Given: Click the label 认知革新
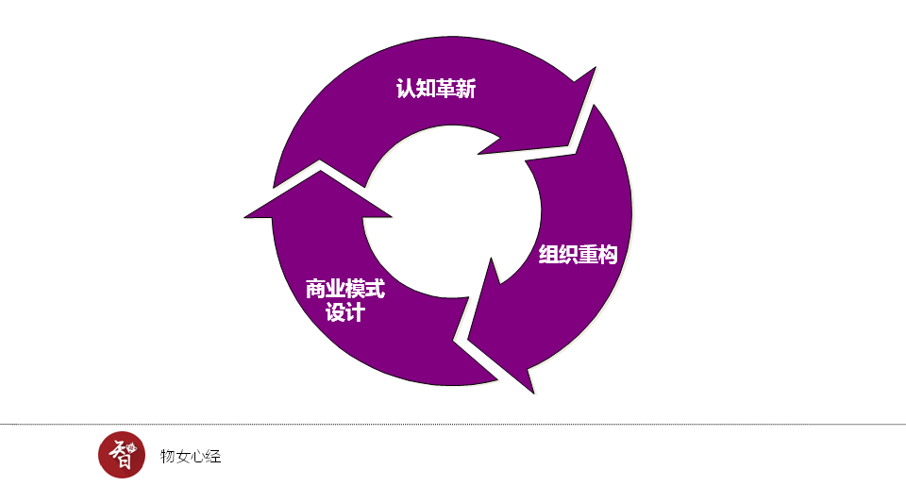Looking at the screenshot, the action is tap(436, 90).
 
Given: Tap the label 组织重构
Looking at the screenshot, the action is tap(578, 255).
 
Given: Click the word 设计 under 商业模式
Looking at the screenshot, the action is tap(344, 312).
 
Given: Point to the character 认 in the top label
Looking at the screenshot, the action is tap(406, 90).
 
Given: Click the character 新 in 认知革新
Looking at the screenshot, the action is tap(466, 90).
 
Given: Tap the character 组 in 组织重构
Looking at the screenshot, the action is tap(548, 255).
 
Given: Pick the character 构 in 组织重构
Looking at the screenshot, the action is tap(607, 255).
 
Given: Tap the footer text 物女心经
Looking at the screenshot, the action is tap(191, 457).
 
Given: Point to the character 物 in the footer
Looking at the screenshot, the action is tap(168, 457).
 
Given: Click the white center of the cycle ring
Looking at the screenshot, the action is tap(451, 219).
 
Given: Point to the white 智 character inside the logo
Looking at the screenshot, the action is tap(121, 456).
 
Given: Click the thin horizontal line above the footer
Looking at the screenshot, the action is tap(453, 425).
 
